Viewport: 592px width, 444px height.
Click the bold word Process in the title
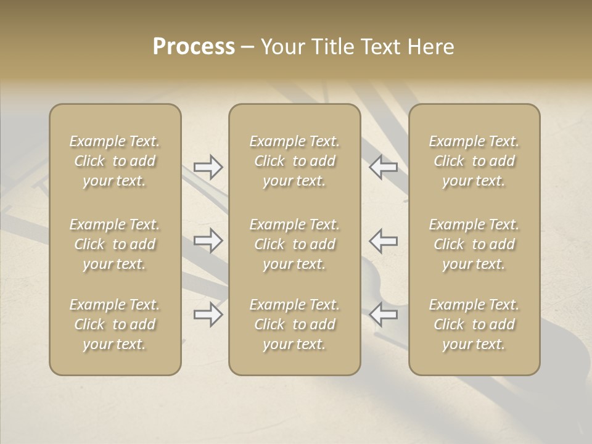tap(194, 47)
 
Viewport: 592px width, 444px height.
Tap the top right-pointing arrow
tap(208, 167)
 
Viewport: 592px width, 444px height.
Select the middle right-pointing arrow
tap(208, 240)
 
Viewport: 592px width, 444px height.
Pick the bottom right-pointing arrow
tap(208, 314)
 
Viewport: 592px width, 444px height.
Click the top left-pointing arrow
tap(384, 167)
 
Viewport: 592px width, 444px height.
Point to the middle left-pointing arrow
tap(384, 240)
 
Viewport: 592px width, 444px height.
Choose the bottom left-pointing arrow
tap(384, 314)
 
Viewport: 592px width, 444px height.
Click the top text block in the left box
tap(115, 161)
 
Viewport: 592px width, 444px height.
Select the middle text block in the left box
tap(115, 244)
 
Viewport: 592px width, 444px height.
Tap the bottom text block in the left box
tap(115, 324)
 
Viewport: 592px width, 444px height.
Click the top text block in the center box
tap(295, 161)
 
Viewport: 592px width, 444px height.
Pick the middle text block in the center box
tap(295, 244)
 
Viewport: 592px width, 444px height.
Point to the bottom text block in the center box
tap(295, 324)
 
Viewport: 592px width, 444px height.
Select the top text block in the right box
tap(474, 161)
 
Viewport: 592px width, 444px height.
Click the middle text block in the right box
tap(474, 244)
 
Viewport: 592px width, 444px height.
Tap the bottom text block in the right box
tap(474, 324)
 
